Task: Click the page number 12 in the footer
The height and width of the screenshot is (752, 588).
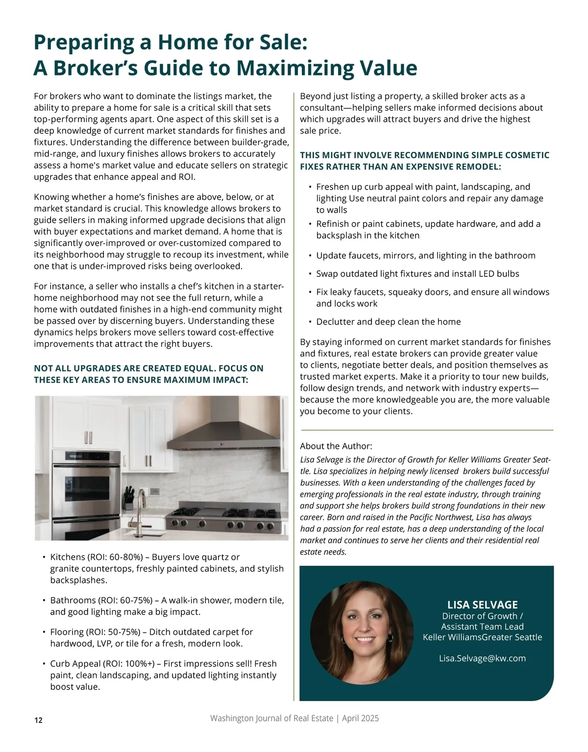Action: [x=38, y=720]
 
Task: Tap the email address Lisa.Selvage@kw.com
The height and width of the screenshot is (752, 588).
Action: [x=482, y=658]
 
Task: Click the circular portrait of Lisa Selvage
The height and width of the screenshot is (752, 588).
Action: [x=362, y=633]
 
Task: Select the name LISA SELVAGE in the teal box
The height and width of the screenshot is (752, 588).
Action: [x=482, y=605]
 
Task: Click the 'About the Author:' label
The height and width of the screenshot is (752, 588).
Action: [x=336, y=446]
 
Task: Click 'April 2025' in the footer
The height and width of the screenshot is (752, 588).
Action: [x=360, y=718]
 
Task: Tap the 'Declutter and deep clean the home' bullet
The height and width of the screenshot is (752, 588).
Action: [x=388, y=321]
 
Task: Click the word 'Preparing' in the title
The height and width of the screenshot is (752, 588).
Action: [x=83, y=42]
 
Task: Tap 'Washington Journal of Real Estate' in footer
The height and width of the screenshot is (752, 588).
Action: [x=271, y=718]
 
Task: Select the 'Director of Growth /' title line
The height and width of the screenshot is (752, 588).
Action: [x=482, y=616]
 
